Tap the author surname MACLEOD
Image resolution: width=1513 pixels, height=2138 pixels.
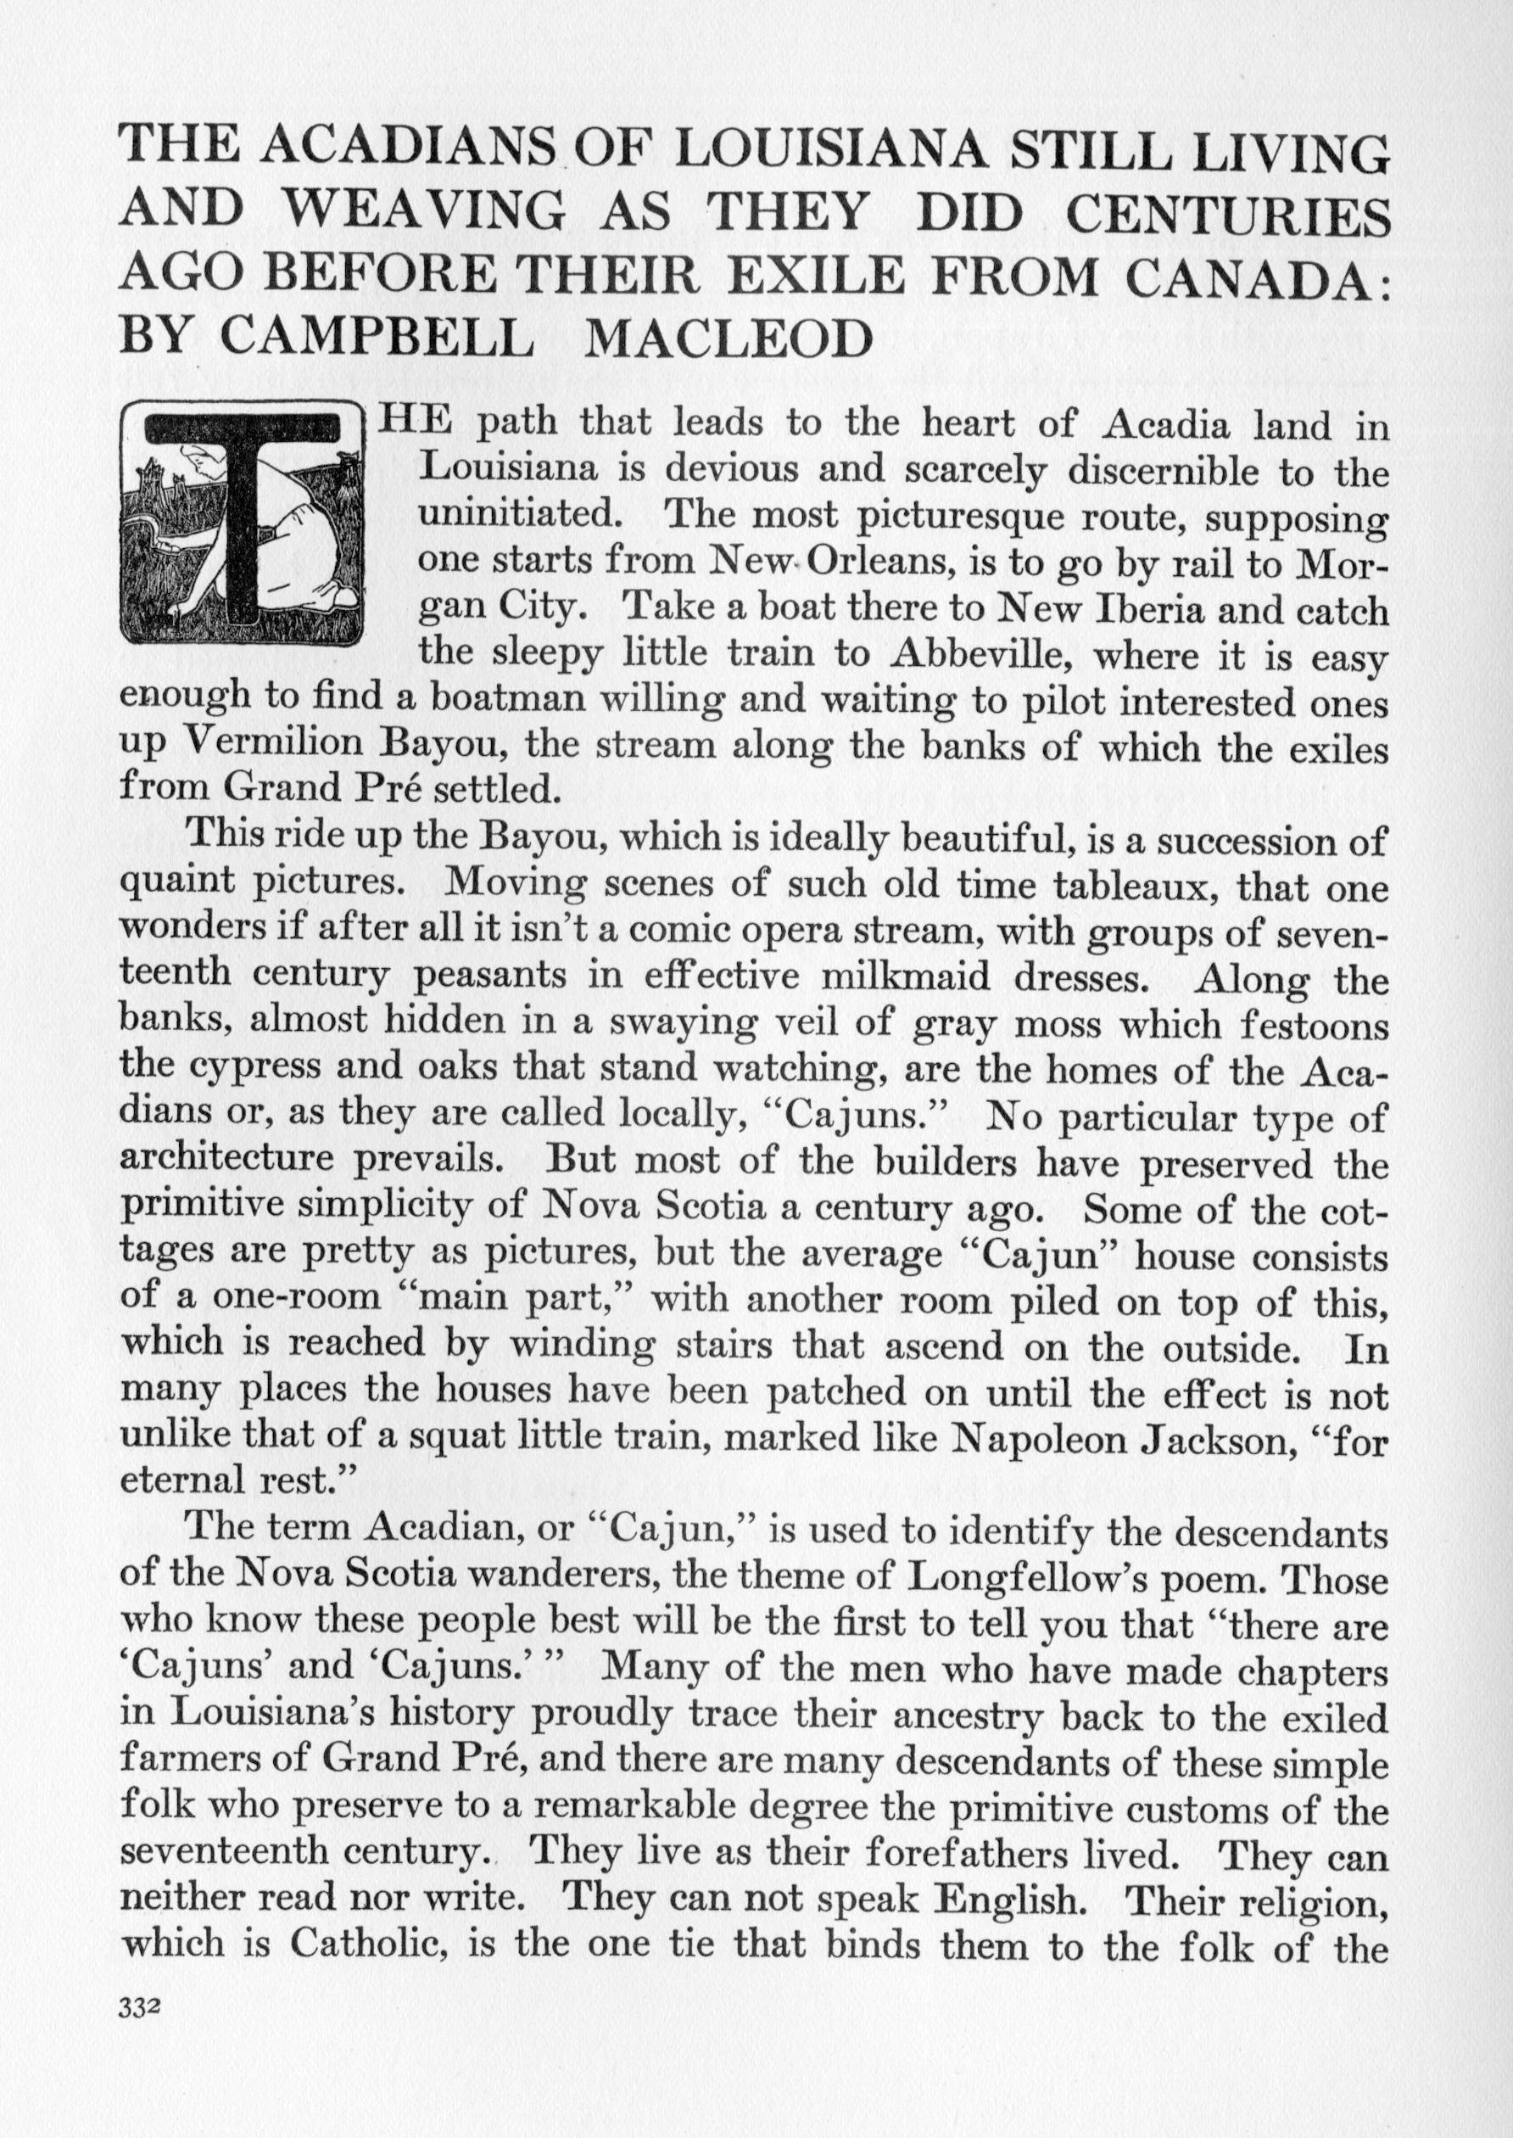728,340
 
